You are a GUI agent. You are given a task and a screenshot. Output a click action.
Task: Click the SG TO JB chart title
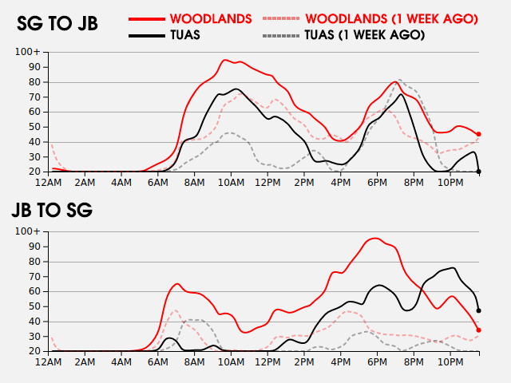pos(57,24)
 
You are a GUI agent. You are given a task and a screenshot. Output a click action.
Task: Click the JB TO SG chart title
pos(52,211)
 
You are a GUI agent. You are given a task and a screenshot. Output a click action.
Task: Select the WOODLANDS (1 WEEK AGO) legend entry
pos(391,18)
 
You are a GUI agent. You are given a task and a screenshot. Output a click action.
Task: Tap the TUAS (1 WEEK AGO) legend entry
pos(364,35)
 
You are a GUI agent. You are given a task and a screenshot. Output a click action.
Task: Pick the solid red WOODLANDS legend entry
pos(211,18)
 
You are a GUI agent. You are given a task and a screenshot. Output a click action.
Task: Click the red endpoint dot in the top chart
pos(479,134)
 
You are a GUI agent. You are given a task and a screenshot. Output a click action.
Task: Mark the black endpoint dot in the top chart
pos(479,171)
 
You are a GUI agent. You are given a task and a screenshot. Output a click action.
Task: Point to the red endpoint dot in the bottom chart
pos(479,330)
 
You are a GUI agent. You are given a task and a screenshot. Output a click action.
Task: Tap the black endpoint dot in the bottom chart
pos(479,310)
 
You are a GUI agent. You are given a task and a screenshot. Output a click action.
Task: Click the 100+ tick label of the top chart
pos(28,52)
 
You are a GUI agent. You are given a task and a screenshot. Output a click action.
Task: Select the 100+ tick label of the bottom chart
pos(28,231)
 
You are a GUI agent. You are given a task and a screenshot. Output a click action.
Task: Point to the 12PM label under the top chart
pos(267,183)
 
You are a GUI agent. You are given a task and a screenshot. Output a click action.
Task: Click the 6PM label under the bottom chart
pos(376,362)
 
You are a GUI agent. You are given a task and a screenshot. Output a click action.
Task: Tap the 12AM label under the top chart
pos(50,183)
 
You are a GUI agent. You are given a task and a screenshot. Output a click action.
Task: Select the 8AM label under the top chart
pos(195,183)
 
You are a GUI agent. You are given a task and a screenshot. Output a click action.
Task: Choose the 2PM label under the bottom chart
pos(303,362)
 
